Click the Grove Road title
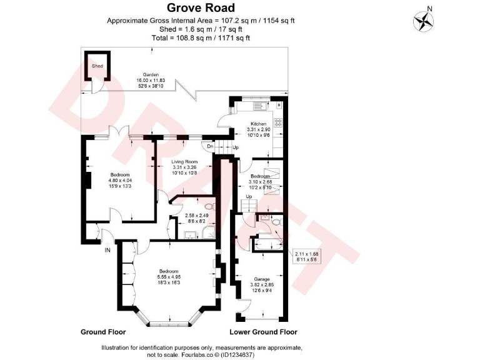(201, 8)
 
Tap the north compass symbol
(423, 21)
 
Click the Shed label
(97, 65)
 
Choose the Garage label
(261, 279)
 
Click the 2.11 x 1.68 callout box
(307, 256)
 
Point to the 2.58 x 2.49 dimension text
(197, 216)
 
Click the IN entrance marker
(107, 251)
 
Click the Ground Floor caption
(103, 332)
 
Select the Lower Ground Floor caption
(263, 332)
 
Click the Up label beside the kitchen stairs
(236, 147)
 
